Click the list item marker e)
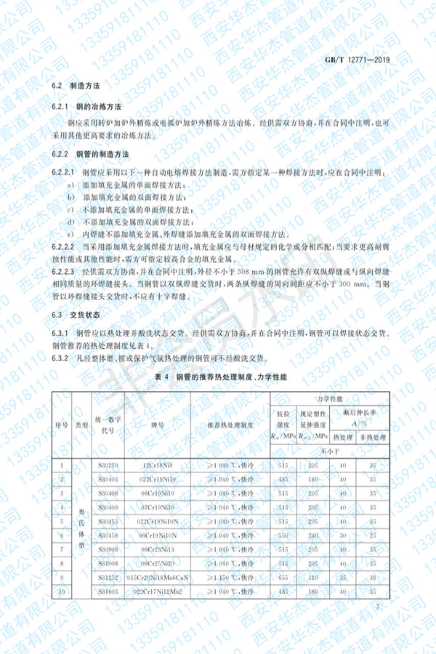click(71, 234)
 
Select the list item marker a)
click(71, 186)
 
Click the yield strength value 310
click(315, 578)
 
